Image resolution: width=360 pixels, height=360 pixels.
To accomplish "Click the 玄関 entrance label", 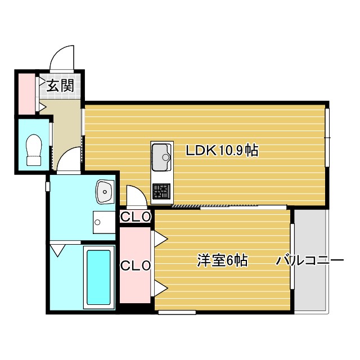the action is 60,85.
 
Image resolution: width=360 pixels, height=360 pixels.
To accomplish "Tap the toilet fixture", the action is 34,150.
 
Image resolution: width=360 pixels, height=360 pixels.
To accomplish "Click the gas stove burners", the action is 161,191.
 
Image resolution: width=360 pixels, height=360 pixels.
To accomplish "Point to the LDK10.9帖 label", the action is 222,150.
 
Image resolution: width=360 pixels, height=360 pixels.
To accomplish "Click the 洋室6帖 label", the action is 222,260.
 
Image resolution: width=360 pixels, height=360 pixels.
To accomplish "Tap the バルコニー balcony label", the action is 310,260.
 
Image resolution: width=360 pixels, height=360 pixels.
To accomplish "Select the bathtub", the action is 99,277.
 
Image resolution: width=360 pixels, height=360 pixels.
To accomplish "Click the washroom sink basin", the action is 105,192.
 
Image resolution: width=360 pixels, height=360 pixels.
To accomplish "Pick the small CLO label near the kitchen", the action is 136,217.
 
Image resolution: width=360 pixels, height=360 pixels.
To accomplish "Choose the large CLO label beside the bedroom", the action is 136,265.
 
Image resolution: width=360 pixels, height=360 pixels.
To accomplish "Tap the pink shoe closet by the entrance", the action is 26,94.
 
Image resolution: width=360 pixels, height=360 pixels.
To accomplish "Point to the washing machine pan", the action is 104,222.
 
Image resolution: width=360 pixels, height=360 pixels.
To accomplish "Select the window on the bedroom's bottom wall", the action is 177,312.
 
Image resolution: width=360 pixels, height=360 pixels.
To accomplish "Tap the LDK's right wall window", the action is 327,137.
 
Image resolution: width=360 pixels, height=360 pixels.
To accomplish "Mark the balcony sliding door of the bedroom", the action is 292,256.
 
